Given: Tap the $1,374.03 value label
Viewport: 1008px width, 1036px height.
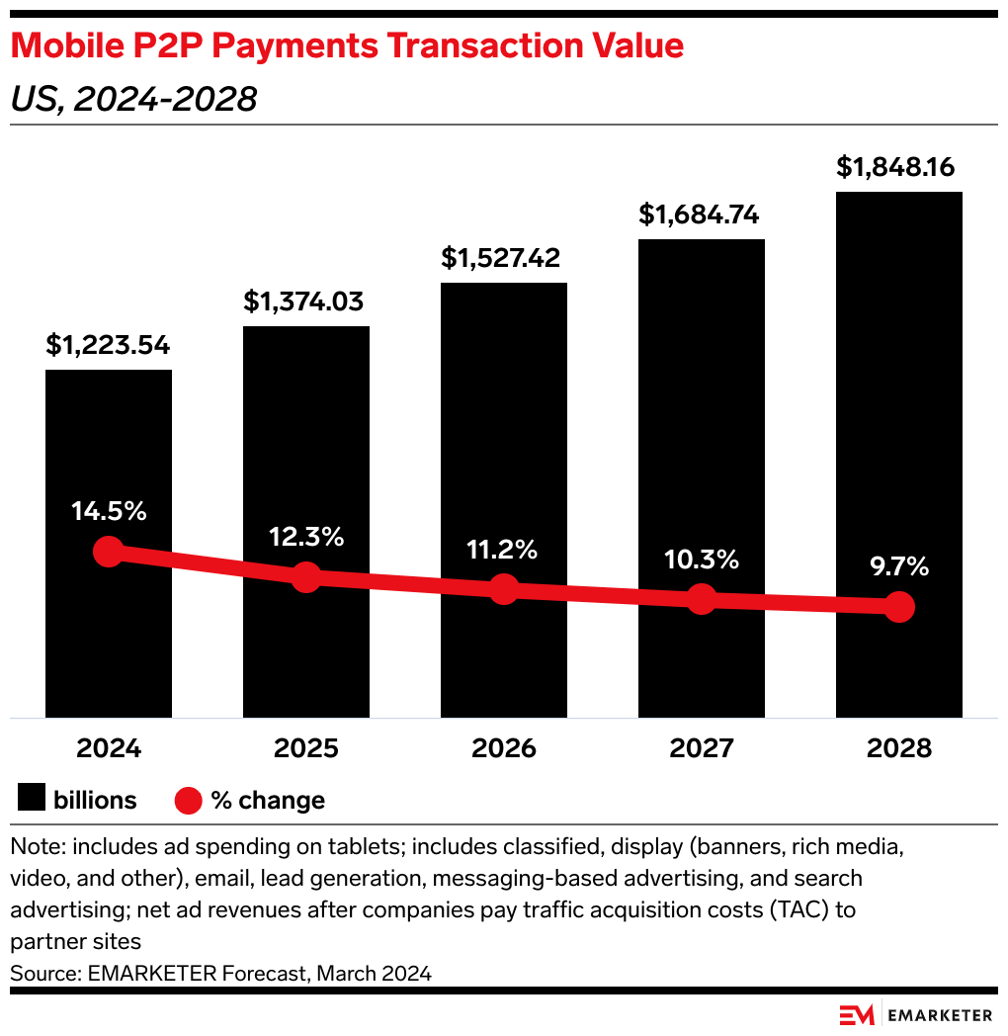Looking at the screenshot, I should point(305,302).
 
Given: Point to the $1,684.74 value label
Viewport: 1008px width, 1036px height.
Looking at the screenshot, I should point(701,215).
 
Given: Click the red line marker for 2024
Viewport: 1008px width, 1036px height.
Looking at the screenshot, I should point(108,552).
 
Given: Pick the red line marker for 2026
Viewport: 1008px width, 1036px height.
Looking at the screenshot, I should point(504,589).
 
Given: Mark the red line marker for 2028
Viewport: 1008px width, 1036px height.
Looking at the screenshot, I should point(898,606).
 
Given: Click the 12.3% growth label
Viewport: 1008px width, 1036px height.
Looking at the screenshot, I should point(305,537).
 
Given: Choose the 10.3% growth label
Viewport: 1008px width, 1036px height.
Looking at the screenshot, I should point(701,560).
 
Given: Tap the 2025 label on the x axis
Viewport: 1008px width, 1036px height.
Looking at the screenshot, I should point(305,748).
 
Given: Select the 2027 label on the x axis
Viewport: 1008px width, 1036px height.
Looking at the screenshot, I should point(701,748).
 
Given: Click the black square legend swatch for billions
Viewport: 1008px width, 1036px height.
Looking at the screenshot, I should point(31,799).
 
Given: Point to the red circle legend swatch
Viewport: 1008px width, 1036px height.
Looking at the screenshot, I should point(189,800).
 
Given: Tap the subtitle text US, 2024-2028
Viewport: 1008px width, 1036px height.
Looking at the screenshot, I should point(133,99).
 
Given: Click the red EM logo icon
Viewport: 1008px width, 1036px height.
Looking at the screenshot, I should point(858,1015).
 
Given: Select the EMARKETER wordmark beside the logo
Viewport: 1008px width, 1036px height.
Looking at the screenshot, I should point(940,1015).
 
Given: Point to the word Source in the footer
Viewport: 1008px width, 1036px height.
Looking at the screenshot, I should point(41,973).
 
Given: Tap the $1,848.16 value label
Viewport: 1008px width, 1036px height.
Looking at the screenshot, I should point(895,167).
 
